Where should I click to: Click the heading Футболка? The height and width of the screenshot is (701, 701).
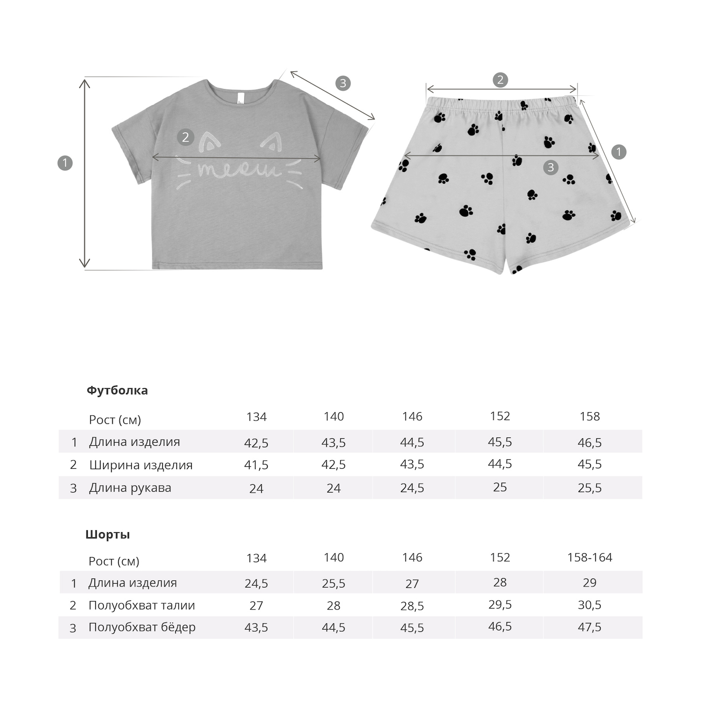(x=117, y=390)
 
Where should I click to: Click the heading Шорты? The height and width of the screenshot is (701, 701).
(x=107, y=534)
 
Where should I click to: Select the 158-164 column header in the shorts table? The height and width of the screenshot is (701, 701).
(x=589, y=557)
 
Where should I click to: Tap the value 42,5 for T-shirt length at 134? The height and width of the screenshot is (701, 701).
(x=256, y=443)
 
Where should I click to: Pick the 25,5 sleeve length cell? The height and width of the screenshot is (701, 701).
(x=589, y=488)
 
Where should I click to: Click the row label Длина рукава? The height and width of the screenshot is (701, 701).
(x=130, y=487)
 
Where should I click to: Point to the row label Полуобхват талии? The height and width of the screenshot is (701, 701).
(x=141, y=605)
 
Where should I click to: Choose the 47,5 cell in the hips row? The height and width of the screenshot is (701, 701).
(x=589, y=627)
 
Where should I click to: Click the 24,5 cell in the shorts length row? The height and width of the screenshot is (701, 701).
(x=256, y=583)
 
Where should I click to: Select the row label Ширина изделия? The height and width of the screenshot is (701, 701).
(x=141, y=465)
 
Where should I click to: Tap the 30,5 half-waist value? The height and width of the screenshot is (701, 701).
(x=589, y=605)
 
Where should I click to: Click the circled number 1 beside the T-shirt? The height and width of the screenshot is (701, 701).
(x=65, y=163)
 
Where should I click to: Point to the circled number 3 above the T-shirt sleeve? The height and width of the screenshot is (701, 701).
(x=343, y=83)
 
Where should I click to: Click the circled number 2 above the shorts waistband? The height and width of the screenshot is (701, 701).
(x=500, y=80)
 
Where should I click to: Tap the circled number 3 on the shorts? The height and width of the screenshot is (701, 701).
(x=551, y=167)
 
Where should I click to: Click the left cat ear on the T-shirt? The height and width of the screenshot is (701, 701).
(x=209, y=142)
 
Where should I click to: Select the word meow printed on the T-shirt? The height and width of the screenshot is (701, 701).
(x=238, y=170)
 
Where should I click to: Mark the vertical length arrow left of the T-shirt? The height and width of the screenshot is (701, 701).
(x=85, y=173)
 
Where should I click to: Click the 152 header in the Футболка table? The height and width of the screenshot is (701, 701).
(x=500, y=416)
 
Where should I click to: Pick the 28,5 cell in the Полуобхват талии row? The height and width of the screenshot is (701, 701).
(x=412, y=606)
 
